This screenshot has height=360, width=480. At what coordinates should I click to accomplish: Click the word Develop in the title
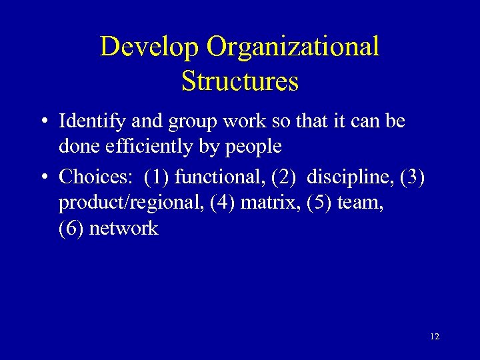tap(149, 47)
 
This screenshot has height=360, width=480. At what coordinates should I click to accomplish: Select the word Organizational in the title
tap(293, 47)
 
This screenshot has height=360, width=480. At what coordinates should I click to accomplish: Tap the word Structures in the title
tap(240, 81)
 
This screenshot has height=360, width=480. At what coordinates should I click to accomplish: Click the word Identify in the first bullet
tap(86, 122)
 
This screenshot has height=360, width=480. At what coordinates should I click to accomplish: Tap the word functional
tap(217, 177)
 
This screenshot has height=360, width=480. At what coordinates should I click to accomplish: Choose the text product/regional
tap(131, 202)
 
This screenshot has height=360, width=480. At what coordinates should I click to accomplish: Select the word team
tap(361, 202)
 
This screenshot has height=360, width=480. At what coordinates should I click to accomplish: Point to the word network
tap(123, 229)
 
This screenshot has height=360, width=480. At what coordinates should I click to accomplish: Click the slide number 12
tap(435, 337)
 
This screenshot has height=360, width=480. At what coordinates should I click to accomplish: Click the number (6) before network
tap(71, 229)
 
